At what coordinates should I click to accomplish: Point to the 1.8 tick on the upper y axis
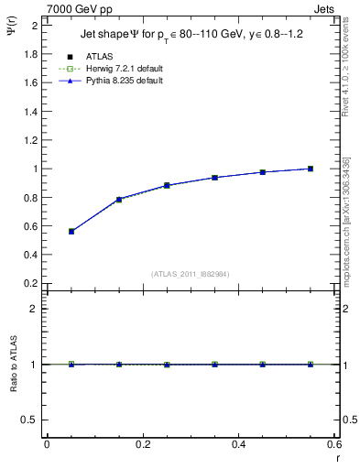31,54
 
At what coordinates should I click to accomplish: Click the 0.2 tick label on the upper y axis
31,283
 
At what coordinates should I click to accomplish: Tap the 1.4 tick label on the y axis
31,112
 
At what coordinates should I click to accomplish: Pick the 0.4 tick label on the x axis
238,445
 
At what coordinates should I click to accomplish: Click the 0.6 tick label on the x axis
333,445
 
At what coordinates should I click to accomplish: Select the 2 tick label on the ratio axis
35,309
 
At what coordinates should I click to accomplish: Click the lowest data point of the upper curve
47,232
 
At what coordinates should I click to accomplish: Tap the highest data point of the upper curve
311,169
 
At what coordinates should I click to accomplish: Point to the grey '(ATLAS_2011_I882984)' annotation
190,274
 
